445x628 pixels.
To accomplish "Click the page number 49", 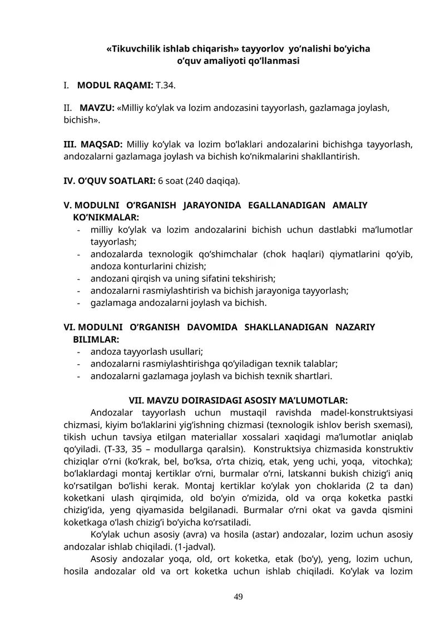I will [x=238, y=597].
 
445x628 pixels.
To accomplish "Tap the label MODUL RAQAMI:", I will [x=115, y=86].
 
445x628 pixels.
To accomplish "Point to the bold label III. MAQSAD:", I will [x=93, y=145].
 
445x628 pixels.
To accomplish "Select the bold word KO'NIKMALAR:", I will [x=106, y=217].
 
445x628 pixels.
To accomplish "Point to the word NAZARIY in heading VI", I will [x=355, y=328].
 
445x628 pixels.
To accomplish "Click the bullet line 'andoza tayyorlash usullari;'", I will [x=146, y=351].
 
